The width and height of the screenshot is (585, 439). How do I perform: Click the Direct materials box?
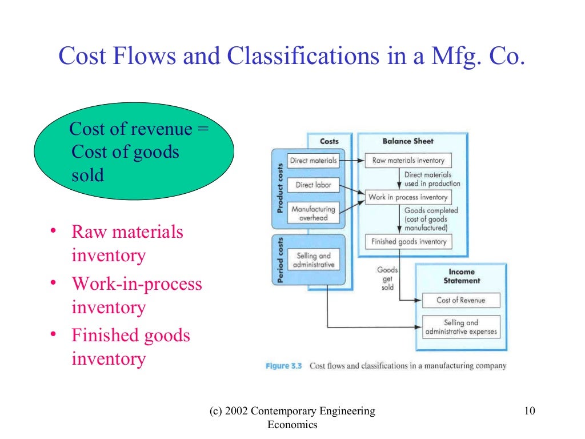pyautogui.click(x=313, y=161)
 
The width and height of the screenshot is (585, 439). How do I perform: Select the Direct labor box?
pyautogui.click(x=314, y=185)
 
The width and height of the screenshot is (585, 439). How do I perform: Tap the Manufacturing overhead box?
pyautogui.click(x=313, y=213)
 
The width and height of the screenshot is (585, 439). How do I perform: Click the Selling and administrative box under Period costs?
pyautogui.click(x=314, y=261)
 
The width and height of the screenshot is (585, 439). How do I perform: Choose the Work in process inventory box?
pyautogui.click(x=408, y=197)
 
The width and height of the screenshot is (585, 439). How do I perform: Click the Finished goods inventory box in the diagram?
pyautogui.click(x=408, y=242)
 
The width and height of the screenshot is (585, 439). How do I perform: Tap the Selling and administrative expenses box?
pyautogui.click(x=461, y=328)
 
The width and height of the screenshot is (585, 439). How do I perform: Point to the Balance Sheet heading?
pyautogui.click(x=408, y=141)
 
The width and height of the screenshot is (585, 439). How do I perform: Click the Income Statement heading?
pyautogui.click(x=462, y=276)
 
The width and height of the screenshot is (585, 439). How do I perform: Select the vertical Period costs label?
pyautogui.click(x=281, y=260)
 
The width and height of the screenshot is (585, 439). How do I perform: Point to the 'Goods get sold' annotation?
pyautogui.click(x=387, y=278)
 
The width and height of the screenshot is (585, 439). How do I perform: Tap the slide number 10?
pyautogui.click(x=528, y=411)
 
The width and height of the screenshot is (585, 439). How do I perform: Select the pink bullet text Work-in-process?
pyautogui.click(x=137, y=284)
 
